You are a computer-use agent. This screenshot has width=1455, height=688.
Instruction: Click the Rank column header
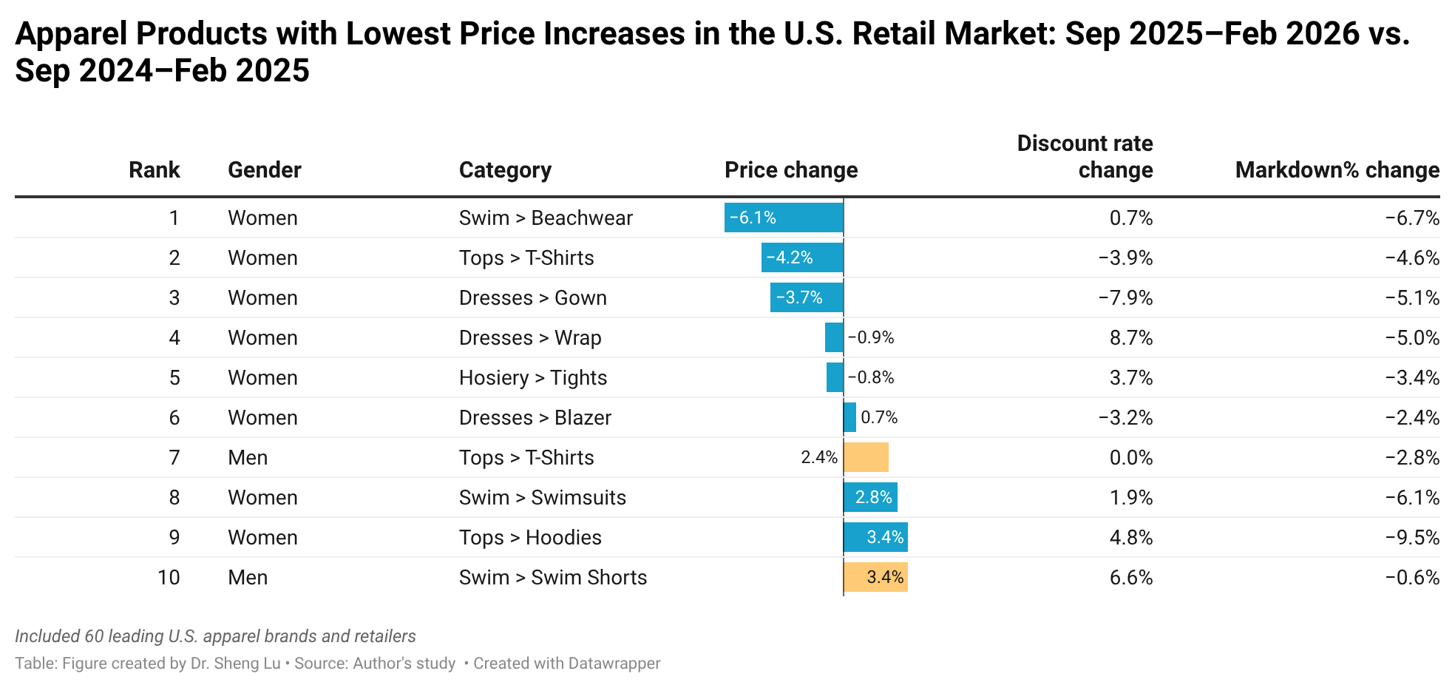coord(154,170)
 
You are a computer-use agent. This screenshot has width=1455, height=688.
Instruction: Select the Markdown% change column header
coord(1337,170)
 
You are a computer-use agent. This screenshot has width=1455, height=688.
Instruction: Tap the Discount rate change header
coord(1085,157)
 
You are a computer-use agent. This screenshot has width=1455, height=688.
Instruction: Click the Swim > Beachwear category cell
coord(546,218)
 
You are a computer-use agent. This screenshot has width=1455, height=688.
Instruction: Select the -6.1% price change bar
coord(783,217)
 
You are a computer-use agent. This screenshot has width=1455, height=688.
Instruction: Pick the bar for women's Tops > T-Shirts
coord(801,257)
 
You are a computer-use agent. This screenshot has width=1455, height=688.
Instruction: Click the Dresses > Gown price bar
coord(806,297)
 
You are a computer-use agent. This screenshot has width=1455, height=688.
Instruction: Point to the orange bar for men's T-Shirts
coord(866,457)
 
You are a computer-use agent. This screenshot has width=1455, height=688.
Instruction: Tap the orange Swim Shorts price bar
coord(875,577)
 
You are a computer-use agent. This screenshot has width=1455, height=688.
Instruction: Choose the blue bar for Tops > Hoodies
coord(875,537)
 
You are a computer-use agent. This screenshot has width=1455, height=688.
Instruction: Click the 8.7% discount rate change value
coord(1131,338)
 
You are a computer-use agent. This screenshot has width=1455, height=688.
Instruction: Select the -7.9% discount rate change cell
coord(1125,298)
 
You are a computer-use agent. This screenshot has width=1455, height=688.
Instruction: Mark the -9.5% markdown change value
coord(1412,538)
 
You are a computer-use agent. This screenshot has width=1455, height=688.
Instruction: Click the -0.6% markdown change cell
coord(1412,578)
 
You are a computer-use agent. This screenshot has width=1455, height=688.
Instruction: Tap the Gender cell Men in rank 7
coord(248,458)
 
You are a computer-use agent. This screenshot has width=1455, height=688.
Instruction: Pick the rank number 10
coord(169,578)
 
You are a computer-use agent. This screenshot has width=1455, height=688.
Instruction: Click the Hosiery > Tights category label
coord(533,378)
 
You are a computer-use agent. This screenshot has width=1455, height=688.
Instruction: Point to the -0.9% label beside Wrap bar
coord(871,338)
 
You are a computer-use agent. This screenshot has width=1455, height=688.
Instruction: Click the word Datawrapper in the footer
coord(614,664)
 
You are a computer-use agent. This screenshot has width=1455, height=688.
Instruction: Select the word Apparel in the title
coord(71,34)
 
